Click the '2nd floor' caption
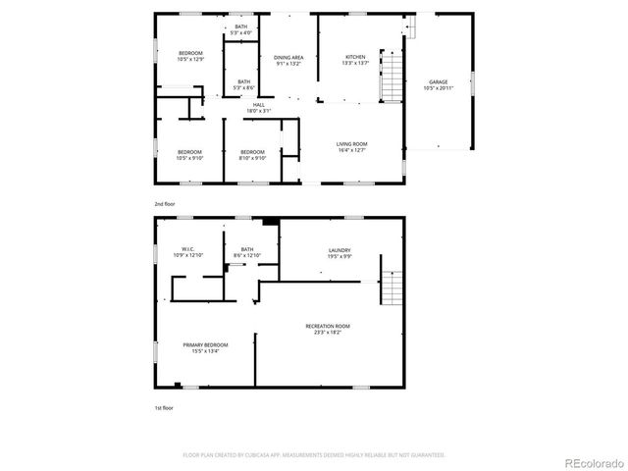[x=164, y=204]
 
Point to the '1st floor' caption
[x=164, y=407]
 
